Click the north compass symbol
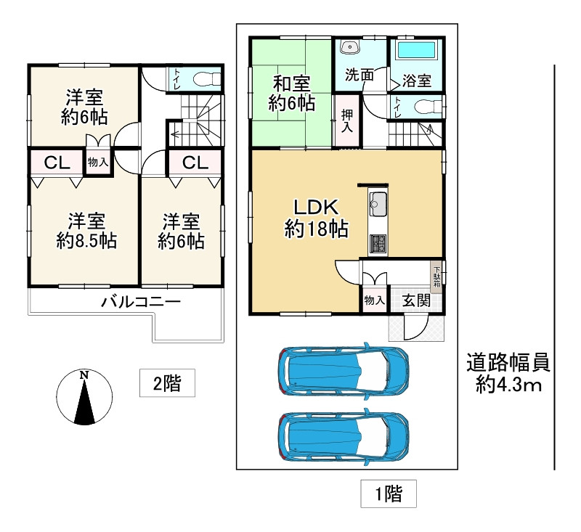point(84,398)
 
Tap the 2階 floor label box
point(167,382)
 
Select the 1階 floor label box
point(389,494)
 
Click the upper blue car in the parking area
point(344,372)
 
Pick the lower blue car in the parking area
point(344,438)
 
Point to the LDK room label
point(316,208)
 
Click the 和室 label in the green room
point(292,83)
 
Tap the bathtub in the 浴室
point(416,50)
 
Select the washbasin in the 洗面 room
point(349,47)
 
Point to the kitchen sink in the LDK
point(378,203)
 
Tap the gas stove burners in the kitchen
point(378,245)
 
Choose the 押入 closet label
point(347,121)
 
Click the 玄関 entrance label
point(416,300)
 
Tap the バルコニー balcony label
point(141,302)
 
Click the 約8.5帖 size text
point(86,242)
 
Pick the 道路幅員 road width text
point(508,362)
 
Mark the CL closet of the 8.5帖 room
point(57,162)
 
